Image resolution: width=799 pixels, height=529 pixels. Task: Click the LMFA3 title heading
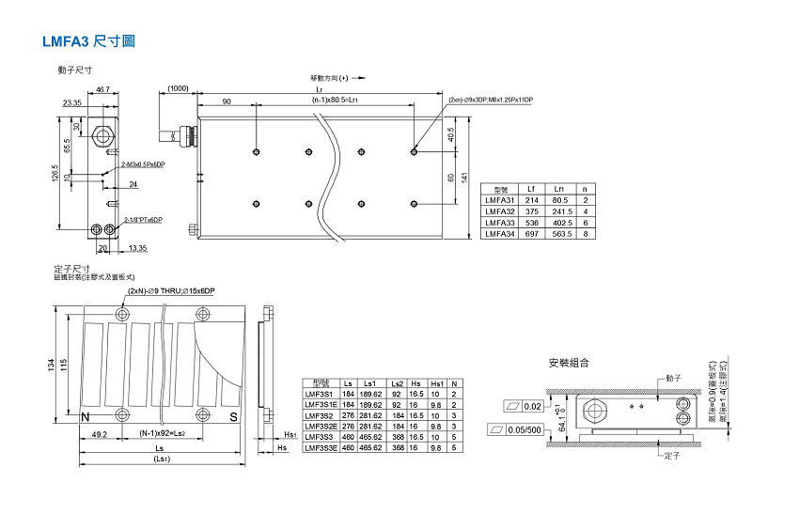[x=88, y=41]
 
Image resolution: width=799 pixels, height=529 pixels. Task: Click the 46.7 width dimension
[x=102, y=89]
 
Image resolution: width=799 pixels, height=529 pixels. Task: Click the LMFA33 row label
[x=499, y=223]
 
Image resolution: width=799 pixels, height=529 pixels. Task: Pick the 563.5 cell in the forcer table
[x=561, y=234]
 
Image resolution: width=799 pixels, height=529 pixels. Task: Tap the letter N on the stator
[x=86, y=416]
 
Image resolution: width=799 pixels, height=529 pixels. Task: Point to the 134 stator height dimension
[x=52, y=364]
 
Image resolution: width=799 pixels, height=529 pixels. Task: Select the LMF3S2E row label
[x=321, y=426]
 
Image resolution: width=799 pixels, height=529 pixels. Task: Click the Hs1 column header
[x=435, y=383]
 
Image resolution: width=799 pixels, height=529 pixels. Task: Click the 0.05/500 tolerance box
[x=521, y=429]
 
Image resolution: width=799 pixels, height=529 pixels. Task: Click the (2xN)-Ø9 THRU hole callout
[x=173, y=291]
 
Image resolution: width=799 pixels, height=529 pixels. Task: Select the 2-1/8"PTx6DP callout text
[x=143, y=220]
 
